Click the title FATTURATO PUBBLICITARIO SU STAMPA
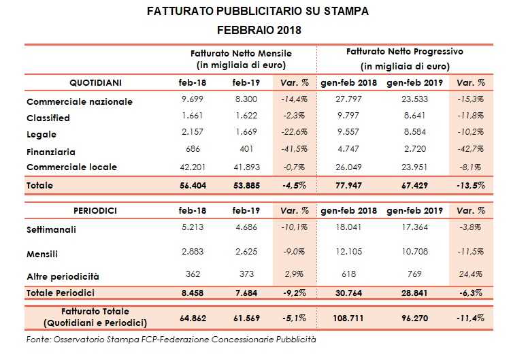click(x=259, y=12)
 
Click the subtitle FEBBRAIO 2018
click(x=259, y=30)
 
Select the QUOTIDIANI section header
click(x=96, y=82)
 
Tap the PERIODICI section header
click(x=96, y=211)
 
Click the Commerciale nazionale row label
click(x=80, y=102)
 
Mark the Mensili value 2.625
click(x=244, y=253)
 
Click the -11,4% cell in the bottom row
click(x=472, y=316)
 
